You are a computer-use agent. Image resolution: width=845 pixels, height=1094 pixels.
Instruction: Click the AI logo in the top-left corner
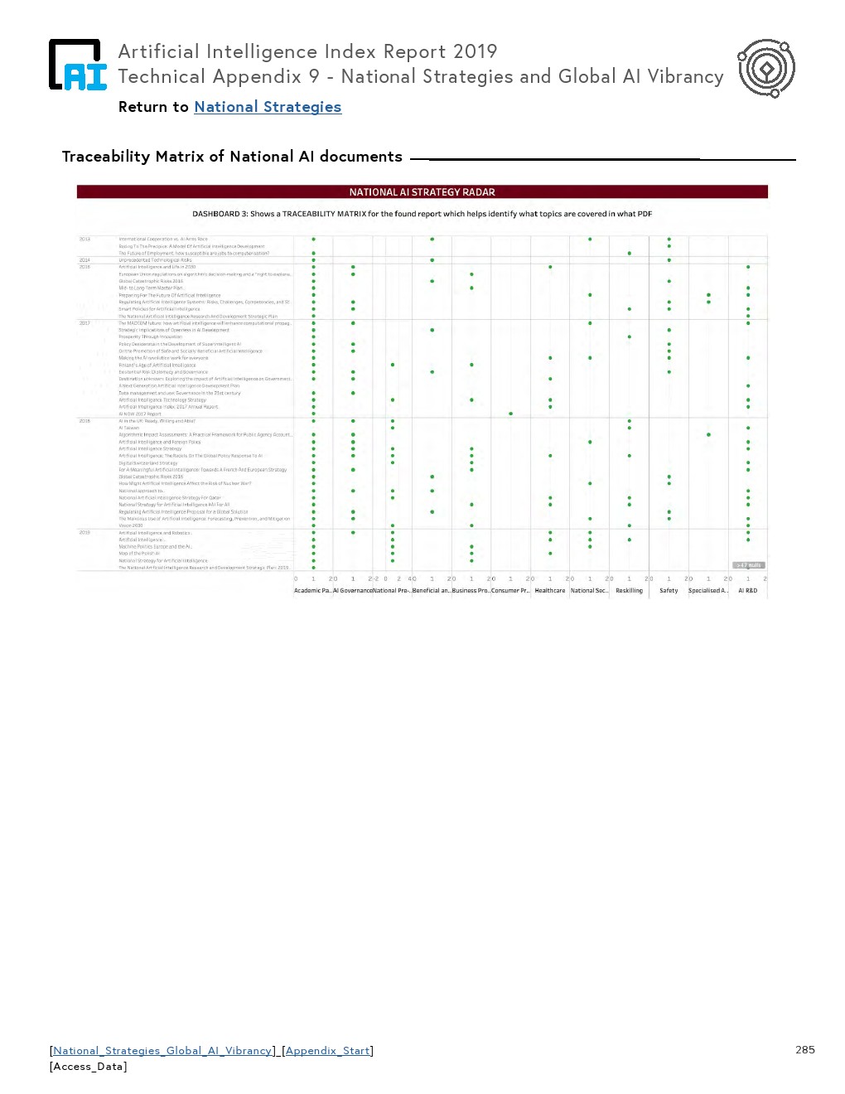pos(77,65)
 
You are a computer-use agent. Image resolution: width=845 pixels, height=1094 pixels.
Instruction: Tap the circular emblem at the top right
pos(766,68)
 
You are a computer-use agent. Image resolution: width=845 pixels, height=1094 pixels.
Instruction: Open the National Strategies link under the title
pos(268,107)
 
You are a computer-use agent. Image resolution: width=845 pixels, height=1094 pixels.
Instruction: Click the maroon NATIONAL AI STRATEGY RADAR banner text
pos(422,192)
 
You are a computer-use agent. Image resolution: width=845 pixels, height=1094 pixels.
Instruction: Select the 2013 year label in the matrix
pos(84,239)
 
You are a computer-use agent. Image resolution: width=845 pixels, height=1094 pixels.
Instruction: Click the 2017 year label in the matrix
pos(84,323)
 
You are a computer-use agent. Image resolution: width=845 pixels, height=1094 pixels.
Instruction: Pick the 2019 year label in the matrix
pos(84,533)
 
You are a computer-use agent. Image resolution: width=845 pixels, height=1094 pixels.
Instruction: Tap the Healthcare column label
pos(550,591)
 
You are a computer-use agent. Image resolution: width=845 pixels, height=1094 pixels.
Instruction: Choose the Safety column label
pos(669,591)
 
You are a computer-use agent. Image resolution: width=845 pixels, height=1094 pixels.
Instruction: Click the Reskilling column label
pos(629,591)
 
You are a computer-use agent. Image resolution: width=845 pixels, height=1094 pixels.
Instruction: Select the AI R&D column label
pos(747,591)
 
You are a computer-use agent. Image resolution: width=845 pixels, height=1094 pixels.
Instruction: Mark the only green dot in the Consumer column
pos(510,414)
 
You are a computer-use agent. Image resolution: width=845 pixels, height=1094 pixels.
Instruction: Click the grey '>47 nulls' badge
pos(749,565)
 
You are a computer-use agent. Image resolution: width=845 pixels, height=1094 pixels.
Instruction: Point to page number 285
pos(804,1050)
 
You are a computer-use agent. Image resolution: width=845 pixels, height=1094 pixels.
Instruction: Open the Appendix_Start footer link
pos(328,1051)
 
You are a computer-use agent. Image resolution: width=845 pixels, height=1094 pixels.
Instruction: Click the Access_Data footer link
pos(89,1067)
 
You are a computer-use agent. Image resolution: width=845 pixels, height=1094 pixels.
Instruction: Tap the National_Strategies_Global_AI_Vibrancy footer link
pos(162,1051)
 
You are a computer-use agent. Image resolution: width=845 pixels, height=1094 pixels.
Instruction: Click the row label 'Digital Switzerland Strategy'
pos(148,463)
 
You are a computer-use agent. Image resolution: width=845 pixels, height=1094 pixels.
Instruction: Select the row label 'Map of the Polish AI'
pos(139,554)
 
